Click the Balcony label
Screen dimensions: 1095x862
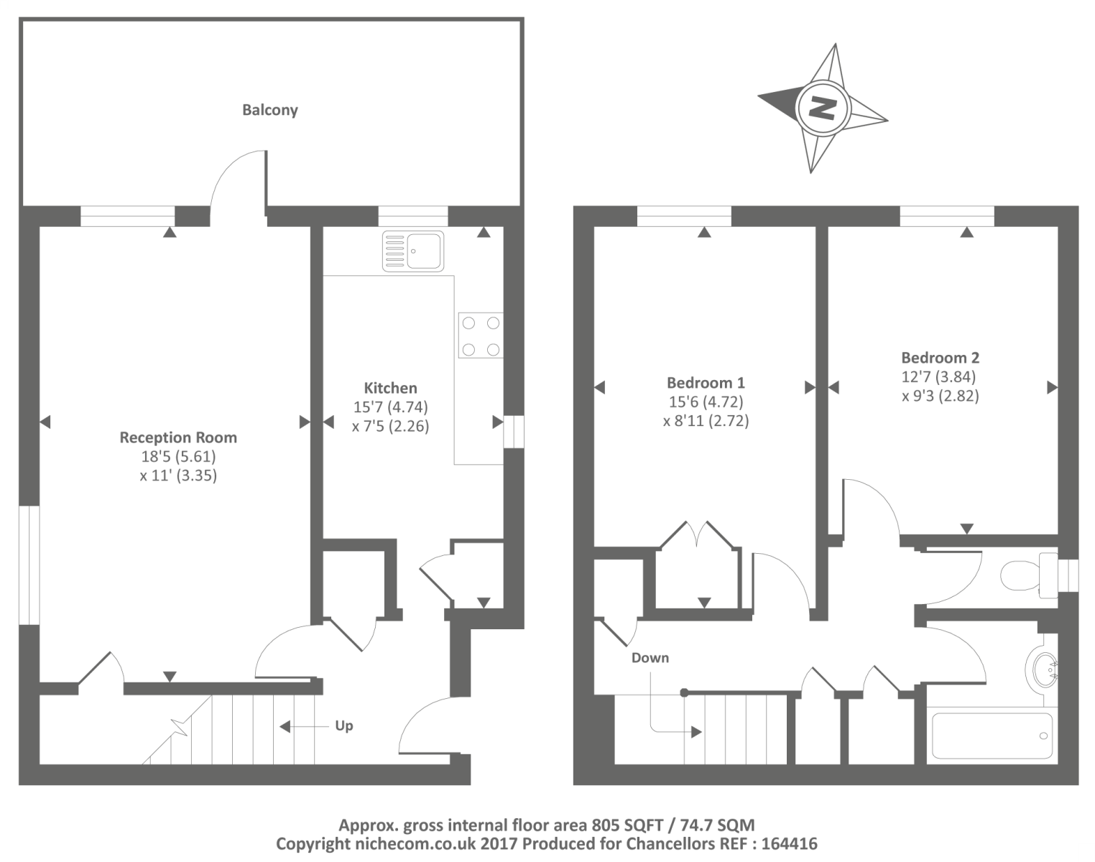pyautogui.click(x=270, y=110)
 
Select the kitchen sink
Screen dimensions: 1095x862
pyautogui.click(x=412, y=250)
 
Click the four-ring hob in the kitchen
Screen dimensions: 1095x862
pyautogui.click(x=481, y=335)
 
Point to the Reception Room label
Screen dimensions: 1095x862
pyautogui.click(x=178, y=437)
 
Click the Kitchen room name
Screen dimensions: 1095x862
pyautogui.click(x=390, y=388)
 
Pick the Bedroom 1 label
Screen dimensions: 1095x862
pyautogui.click(x=706, y=382)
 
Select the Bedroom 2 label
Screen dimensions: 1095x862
pyautogui.click(x=941, y=357)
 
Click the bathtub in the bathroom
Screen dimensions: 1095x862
pyautogui.click(x=992, y=735)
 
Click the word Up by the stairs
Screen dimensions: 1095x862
pyautogui.click(x=343, y=726)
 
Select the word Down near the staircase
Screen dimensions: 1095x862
pyautogui.click(x=650, y=657)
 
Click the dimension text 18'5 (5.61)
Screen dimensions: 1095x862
pyautogui.click(x=178, y=456)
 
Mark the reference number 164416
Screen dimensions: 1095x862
pyautogui.click(x=790, y=843)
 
